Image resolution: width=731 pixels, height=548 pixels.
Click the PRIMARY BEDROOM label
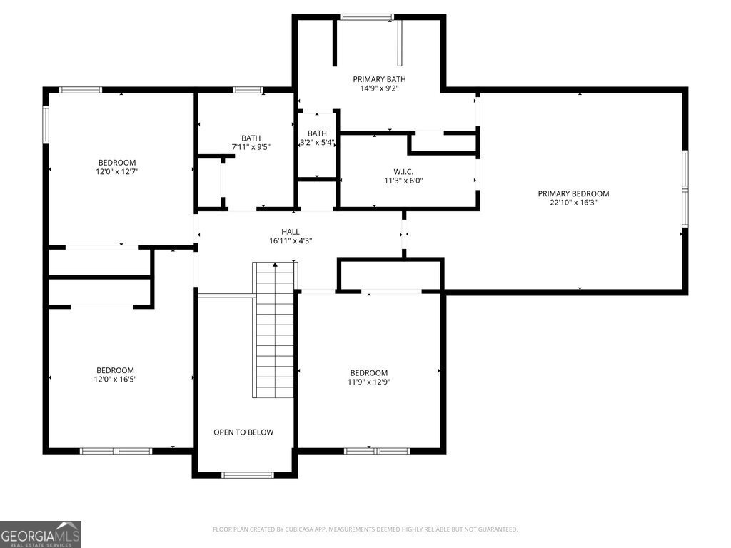(573, 193)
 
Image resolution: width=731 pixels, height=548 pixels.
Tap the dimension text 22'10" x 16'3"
(573, 203)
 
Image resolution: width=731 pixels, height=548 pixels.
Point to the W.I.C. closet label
(403, 171)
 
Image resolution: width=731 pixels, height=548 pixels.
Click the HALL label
(291, 231)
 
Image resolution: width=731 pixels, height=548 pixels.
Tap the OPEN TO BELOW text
(243, 432)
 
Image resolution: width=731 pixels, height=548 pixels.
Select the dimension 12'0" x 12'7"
(116, 172)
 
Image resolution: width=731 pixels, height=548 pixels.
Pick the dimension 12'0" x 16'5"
(116, 380)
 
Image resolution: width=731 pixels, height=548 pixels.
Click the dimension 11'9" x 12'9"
(368, 382)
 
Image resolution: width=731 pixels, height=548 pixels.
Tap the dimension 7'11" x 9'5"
(251, 147)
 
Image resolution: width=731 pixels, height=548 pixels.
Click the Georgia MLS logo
(41, 534)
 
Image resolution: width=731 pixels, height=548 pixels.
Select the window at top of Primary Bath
(366, 16)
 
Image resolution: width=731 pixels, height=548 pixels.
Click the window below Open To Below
(247, 475)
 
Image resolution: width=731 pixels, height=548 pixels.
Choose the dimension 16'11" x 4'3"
(291, 240)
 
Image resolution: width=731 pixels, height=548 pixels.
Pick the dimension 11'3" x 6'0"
(403, 181)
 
